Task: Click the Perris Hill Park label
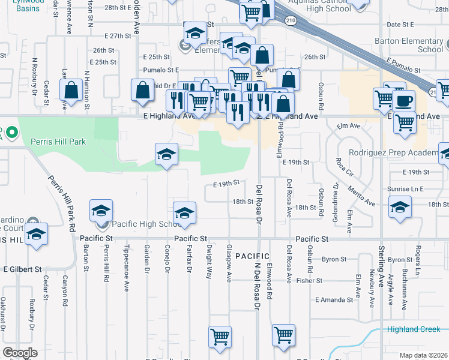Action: [58, 142]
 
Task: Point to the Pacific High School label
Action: [144, 224]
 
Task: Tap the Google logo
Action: [20, 353]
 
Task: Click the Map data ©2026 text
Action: [424, 355]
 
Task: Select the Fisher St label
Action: [310, 280]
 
